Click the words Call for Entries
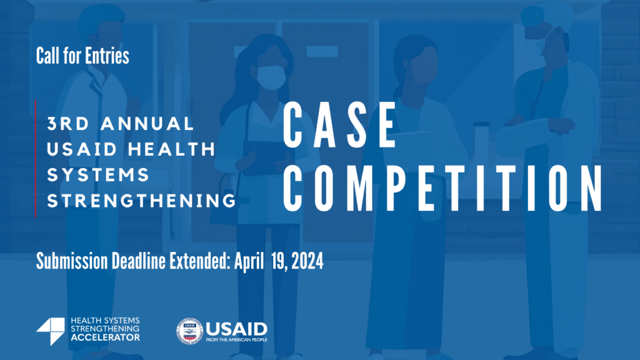82,56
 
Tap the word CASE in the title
341,127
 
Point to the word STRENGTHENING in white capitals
142,201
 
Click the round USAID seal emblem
189,331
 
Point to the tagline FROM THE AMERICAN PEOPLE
236,340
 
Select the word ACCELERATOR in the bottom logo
106,337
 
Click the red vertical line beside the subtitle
36,157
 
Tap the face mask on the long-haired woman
271,77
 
